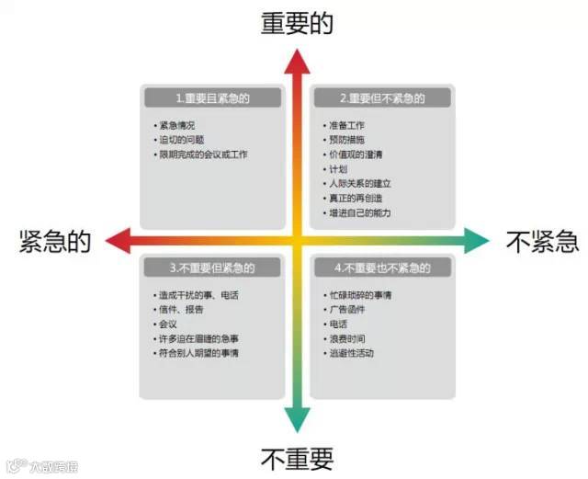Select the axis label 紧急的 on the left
[55, 242]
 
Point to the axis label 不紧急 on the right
[542, 242]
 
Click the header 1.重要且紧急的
[213, 97]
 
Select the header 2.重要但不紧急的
[381, 97]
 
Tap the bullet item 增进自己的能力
[359, 213]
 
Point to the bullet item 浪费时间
[348, 338]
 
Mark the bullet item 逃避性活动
[352, 353]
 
